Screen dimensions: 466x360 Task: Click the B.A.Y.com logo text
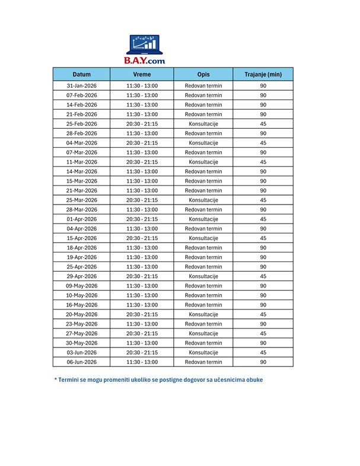[144, 60]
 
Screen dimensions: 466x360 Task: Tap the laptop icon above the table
[144, 44]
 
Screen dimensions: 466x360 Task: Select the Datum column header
[82, 75]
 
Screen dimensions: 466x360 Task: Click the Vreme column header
[142, 75]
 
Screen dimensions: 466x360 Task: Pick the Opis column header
[203, 75]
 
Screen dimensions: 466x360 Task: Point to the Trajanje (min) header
[263, 75]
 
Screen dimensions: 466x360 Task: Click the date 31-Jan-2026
[82, 86]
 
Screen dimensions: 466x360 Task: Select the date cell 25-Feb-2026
[82, 124]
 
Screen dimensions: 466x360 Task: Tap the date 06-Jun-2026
[82, 362]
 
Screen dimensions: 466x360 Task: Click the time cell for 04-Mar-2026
[142, 143]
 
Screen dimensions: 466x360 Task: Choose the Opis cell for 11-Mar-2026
[203, 162]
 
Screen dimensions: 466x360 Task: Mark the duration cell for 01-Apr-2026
[263, 219]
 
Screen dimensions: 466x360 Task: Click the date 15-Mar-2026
[82, 181]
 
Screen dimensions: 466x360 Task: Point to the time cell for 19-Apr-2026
[142, 257]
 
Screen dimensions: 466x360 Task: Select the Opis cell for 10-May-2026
[203, 295]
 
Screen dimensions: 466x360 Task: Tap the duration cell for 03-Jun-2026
[263, 352]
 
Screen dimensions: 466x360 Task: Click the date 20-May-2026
[82, 314]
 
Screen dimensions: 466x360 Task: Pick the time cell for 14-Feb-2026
[142, 105]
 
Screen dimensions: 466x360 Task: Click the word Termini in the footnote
[71, 380]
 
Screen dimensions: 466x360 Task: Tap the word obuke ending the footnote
[254, 380]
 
